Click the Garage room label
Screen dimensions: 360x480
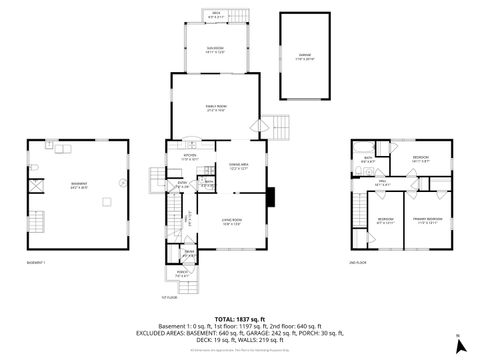tap(305, 57)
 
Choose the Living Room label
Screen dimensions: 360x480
tap(232, 221)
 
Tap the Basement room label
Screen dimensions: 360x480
tap(78, 185)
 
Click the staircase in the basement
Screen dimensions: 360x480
tap(39, 221)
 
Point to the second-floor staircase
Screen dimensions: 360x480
tap(358, 212)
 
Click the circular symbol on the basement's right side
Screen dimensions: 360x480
tap(122, 183)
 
